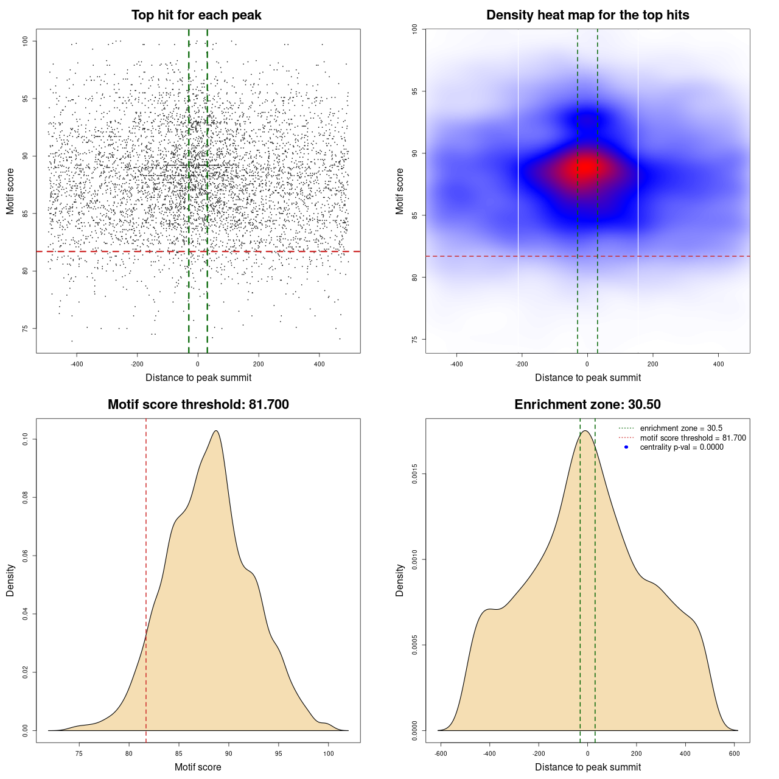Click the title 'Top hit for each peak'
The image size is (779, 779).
pyautogui.click(x=197, y=15)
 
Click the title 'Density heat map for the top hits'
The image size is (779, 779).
pyautogui.click(x=587, y=15)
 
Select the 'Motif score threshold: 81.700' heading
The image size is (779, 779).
pyautogui.click(x=198, y=405)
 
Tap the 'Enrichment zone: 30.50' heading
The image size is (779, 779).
pyautogui.click(x=587, y=405)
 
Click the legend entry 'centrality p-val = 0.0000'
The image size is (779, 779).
pyautogui.click(x=682, y=447)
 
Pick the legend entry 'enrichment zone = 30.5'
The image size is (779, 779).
pyautogui.click(x=681, y=428)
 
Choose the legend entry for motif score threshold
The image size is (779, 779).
pyautogui.click(x=693, y=438)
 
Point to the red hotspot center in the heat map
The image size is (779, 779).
pyautogui.click(x=586, y=167)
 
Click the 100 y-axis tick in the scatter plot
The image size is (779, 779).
pyautogui.click(x=25, y=41)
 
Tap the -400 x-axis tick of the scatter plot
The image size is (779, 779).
pyautogui.click(x=77, y=364)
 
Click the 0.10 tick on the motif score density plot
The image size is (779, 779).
pyautogui.click(x=25, y=439)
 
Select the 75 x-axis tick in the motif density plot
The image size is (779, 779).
pyautogui.click(x=79, y=753)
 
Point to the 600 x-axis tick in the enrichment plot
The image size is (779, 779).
pyautogui.click(x=734, y=753)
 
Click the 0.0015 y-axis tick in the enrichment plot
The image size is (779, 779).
pyautogui.click(x=414, y=474)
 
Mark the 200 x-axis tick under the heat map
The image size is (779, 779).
pyautogui.click(x=653, y=364)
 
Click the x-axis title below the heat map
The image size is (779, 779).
pyautogui.click(x=587, y=378)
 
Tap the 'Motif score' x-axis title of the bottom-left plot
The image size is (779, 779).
pyautogui.click(x=198, y=767)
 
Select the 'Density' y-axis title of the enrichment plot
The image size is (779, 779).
pyautogui.click(x=400, y=580)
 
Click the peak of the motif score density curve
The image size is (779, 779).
pyautogui.click(x=216, y=431)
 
